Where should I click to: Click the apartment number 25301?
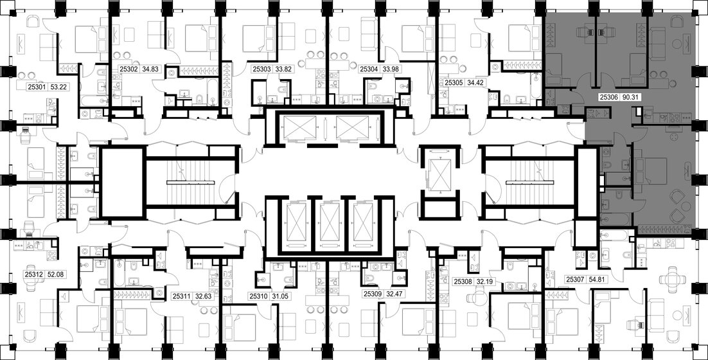(37, 85)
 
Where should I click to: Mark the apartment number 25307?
(577, 280)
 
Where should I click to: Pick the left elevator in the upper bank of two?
(301, 127)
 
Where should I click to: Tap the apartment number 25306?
(608, 98)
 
